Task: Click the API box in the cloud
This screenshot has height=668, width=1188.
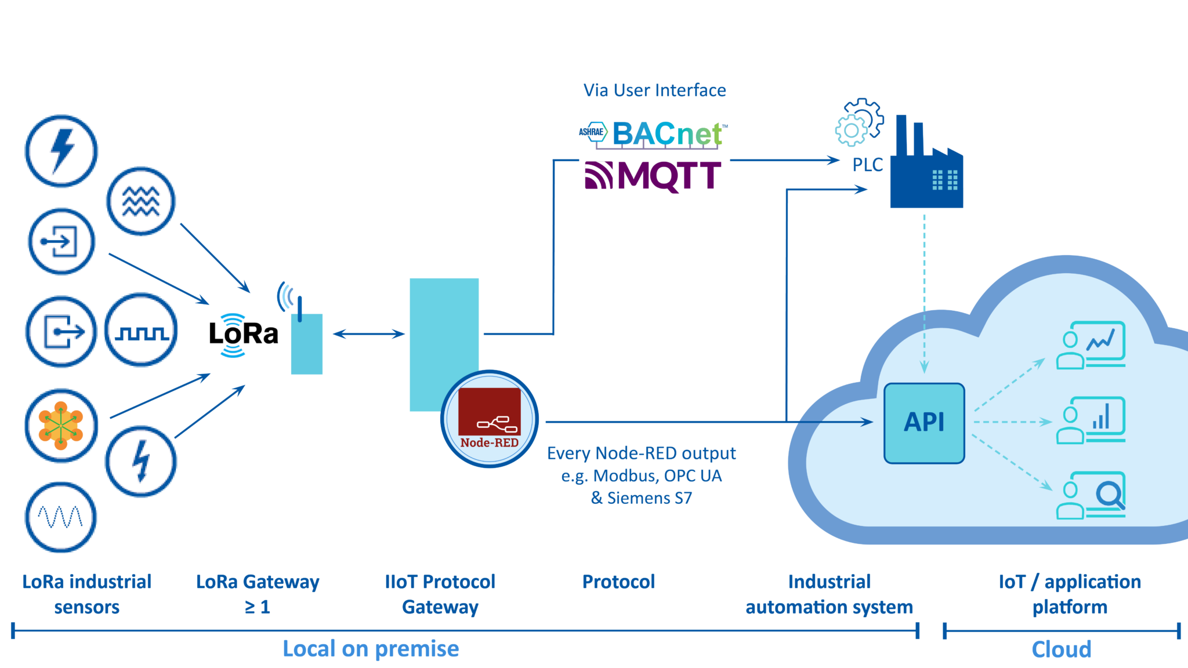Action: pos(924,423)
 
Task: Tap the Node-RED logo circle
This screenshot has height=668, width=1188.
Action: pos(490,419)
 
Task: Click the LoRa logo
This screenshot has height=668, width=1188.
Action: pos(243,335)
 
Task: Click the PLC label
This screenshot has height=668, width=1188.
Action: pos(867,165)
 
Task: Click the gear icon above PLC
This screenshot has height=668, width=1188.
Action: pos(859,122)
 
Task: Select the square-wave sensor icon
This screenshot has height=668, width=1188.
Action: pos(141,331)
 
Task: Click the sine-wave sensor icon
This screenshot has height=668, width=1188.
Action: pos(60,517)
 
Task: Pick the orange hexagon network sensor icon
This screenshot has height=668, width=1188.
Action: pos(61,425)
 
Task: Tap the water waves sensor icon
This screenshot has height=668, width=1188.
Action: pos(140,201)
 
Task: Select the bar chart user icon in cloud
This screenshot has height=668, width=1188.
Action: pos(1091,420)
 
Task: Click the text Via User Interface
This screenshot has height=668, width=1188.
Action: pos(654,90)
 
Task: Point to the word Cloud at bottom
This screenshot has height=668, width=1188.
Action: pos(1061,649)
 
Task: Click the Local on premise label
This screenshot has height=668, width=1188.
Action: pos(371,649)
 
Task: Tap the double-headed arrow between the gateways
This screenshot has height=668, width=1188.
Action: pos(368,333)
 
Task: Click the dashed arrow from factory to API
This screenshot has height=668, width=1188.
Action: pos(924,290)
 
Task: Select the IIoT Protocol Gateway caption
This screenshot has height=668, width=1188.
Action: pos(440,594)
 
